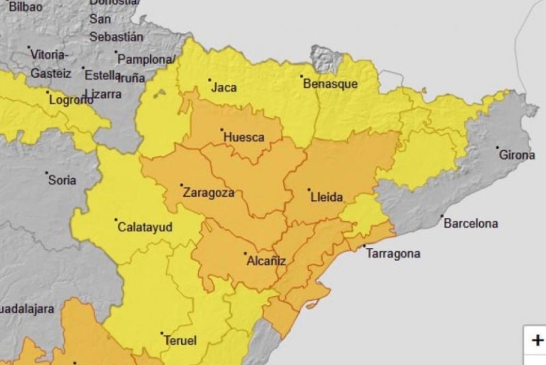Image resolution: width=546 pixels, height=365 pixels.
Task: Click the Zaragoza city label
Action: click(x=209, y=193)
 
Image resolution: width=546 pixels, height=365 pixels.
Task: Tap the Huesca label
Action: click(x=244, y=137)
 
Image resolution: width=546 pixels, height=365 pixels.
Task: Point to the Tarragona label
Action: click(x=393, y=254)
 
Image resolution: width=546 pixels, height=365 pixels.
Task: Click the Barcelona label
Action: click(x=471, y=223)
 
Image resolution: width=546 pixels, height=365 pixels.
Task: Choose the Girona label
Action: click(x=517, y=155)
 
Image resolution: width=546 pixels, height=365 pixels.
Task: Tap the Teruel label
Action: click(x=180, y=341)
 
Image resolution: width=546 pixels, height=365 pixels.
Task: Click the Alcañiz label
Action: click(x=266, y=260)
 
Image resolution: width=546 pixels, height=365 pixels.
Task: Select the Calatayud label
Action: click(x=145, y=227)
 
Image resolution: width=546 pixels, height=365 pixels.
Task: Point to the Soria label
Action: click(x=62, y=180)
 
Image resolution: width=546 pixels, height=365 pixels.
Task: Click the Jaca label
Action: click(x=224, y=87)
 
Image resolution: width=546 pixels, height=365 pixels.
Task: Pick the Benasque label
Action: click(x=330, y=84)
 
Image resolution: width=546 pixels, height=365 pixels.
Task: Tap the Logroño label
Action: click(x=71, y=100)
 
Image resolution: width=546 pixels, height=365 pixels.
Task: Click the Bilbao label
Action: click(x=25, y=7)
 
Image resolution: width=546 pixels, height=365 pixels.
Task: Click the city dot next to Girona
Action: click(x=497, y=148)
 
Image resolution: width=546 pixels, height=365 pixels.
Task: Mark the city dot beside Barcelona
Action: click(x=441, y=217)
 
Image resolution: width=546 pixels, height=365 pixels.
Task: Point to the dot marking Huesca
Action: click(x=222, y=130)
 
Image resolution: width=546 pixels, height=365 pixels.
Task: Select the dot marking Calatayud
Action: click(x=116, y=220)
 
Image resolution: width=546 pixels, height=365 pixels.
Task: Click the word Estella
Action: click(x=103, y=75)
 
